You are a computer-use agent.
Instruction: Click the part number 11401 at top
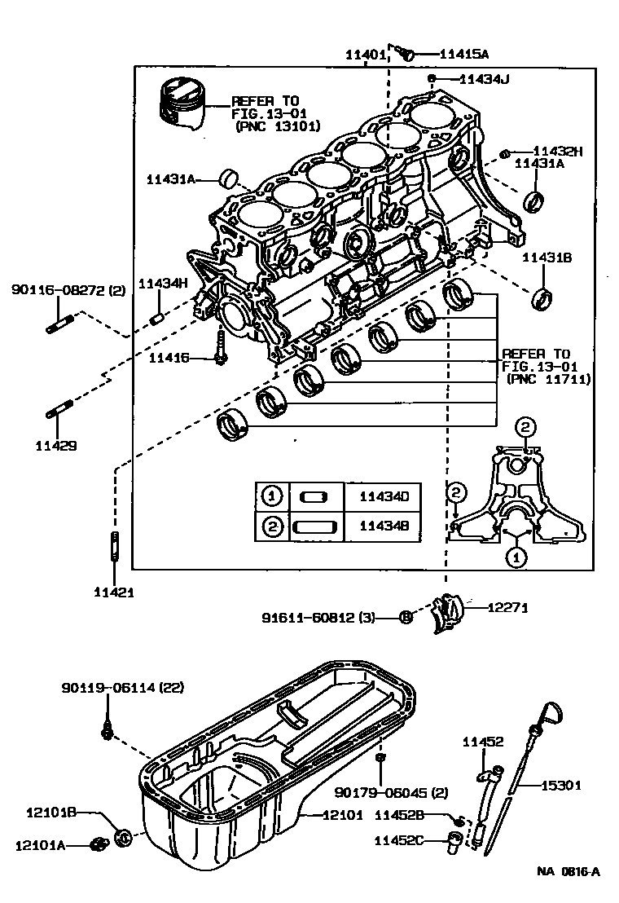tap(364, 55)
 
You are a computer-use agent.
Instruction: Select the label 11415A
tap(464, 55)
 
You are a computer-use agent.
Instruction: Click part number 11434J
tap(485, 79)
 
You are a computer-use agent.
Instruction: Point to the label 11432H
tap(559, 151)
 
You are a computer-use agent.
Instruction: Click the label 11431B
tap(547, 257)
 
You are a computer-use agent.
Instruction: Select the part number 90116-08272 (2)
tap(68, 289)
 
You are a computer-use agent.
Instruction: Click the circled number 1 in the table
tap(270, 496)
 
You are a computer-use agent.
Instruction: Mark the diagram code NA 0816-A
tap(569, 871)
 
